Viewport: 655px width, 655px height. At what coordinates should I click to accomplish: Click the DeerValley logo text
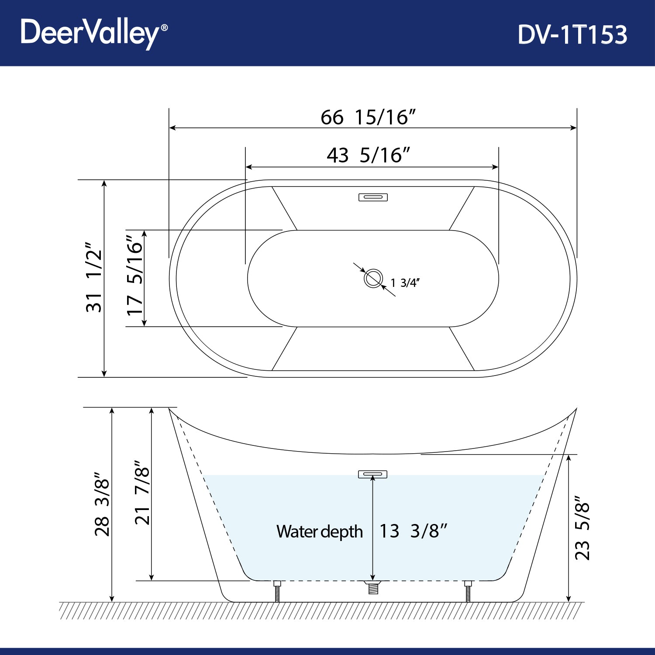click(90, 33)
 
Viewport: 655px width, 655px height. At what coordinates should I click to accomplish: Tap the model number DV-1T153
click(572, 34)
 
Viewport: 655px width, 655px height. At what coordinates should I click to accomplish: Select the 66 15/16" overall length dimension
click(368, 117)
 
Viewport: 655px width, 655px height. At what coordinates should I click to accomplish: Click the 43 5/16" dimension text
click(368, 155)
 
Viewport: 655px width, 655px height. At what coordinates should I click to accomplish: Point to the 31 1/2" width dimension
click(94, 277)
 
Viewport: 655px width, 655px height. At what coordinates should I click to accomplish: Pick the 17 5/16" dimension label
click(135, 275)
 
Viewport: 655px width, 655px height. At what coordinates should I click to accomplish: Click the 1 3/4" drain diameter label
click(405, 283)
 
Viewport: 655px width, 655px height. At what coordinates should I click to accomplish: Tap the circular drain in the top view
click(373, 279)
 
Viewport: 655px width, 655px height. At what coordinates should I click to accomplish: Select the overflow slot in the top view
click(373, 197)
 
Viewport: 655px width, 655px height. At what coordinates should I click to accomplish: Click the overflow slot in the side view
click(372, 474)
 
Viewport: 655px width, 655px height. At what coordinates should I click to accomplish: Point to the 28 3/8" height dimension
click(102, 504)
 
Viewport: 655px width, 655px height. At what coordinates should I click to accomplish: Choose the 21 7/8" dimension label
click(142, 493)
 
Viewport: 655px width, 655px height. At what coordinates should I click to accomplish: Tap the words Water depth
click(320, 532)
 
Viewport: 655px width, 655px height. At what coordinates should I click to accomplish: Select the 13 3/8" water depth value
click(413, 531)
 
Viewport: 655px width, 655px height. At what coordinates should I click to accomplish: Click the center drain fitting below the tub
click(373, 587)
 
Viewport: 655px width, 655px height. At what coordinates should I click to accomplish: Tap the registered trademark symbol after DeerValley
click(164, 28)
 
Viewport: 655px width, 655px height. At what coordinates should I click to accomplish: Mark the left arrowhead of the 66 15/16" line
click(172, 128)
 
